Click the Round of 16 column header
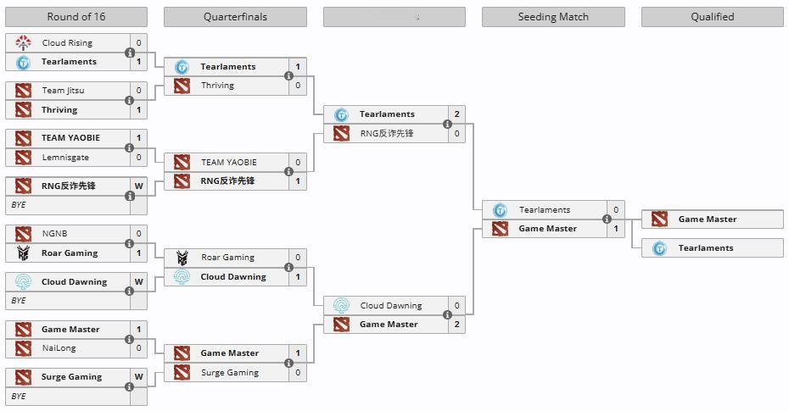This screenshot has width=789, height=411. (76, 17)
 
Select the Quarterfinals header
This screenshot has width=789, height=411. (235, 17)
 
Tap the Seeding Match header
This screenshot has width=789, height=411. (552, 17)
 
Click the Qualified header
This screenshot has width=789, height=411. (712, 17)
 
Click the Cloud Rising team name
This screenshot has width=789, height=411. (67, 42)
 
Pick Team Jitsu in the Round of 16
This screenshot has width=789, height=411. (63, 90)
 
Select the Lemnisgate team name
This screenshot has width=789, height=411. (65, 157)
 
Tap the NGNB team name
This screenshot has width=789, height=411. (54, 233)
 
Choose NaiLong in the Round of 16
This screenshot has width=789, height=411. (59, 347)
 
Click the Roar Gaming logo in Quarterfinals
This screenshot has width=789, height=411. (182, 258)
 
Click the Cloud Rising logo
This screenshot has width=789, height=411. (23, 42)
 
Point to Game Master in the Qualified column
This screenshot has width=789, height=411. (707, 219)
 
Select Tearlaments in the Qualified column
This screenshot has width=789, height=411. (705, 247)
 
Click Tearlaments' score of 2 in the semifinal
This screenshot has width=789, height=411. (456, 114)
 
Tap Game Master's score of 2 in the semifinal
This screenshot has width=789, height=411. (456, 324)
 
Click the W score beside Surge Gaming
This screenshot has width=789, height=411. (138, 376)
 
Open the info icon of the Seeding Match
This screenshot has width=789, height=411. (607, 219)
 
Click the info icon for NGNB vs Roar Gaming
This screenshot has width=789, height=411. (130, 243)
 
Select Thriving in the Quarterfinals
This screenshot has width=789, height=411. (217, 85)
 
